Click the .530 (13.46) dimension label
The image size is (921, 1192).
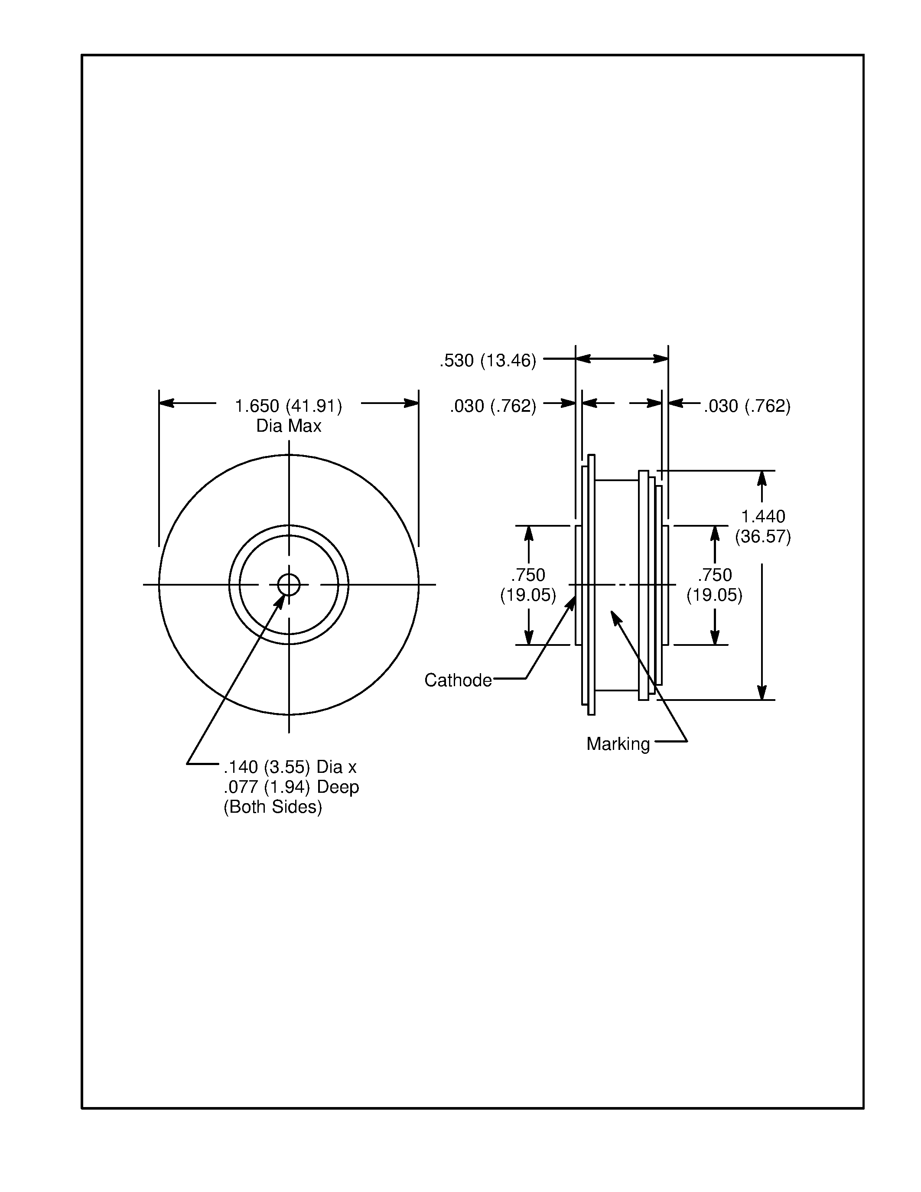pyautogui.click(x=488, y=361)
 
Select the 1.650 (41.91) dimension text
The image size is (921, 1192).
pyautogui.click(x=288, y=406)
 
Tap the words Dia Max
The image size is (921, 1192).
pyautogui.click(x=289, y=426)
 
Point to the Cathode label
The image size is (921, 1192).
pyautogui.click(x=458, y=680)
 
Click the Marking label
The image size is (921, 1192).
pyautogui.click(x=618, y=744)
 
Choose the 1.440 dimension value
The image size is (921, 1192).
pyautogui.click(x=762, y=516)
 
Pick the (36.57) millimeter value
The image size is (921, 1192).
pyautogui.click(x=762, y=537)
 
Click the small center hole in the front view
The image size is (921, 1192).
pyautogui.click(x=289, y=585)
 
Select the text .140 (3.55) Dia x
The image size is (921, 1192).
pyautogui.click(x=290, y=767)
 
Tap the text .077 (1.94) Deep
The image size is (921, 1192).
pyautogui.click(x=291, y=787)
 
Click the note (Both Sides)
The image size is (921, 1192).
pyautogui.click(x=272, y=807)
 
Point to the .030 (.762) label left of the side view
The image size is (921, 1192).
pyautogui.click(x=493, y=406)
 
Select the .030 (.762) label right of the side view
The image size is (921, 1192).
pyautogui.click(x=746, y=406)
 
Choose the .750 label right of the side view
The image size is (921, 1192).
pyautogui.click(x=714, y=575)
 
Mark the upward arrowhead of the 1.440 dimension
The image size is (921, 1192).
pyautogui.click(x=762, y=478)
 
